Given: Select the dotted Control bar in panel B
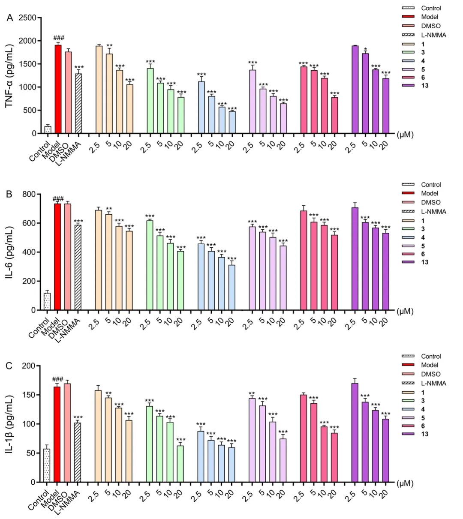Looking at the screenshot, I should click(47, 302).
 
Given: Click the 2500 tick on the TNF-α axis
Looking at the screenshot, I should click(30, 18).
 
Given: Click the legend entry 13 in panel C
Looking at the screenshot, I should click(425, 434).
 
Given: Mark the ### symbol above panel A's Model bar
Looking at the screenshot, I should click(58, 39).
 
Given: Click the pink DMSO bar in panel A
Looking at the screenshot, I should click(68, 93).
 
